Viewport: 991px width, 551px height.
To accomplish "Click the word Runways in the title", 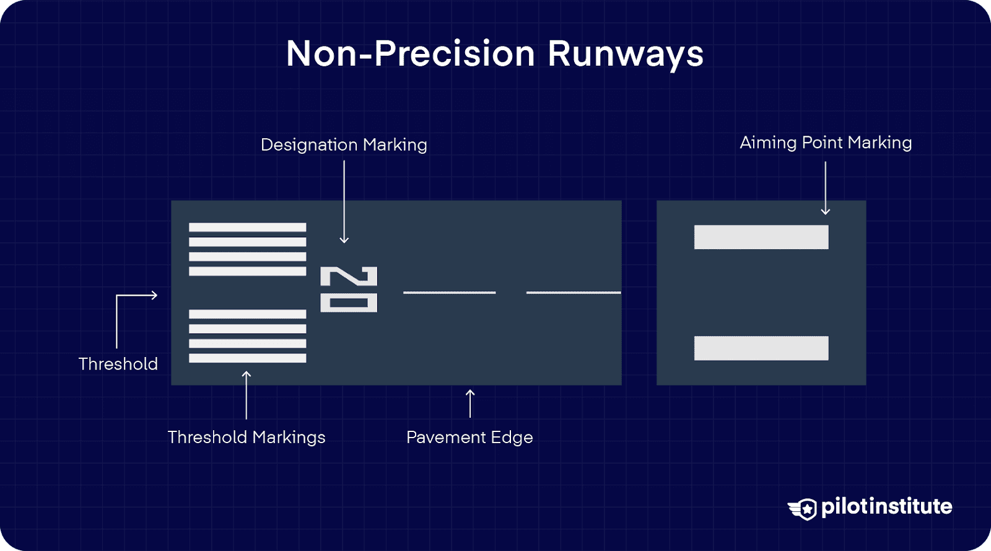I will pos(626,54).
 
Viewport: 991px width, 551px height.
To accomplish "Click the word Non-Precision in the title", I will pos(410,54).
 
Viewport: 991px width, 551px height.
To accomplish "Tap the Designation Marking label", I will pos(344,145).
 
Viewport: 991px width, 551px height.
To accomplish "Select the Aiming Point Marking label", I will pos(826,143).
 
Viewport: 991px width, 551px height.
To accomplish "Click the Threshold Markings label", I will pos(247,438).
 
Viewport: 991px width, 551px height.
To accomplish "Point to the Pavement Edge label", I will pos(469,438).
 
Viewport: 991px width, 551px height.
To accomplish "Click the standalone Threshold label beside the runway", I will pos(118,364).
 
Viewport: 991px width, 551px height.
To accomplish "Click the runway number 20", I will pos(349,289).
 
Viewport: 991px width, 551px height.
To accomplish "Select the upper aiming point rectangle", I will pos(761,237).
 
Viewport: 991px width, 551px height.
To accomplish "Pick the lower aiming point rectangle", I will pos(761,348).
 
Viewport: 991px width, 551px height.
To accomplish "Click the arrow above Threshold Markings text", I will pos(247,395).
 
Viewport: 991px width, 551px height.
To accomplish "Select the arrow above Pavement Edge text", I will pos(470,403).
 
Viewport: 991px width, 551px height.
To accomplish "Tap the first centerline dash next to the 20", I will pos(449,293).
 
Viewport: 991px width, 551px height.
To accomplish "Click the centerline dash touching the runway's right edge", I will pos(574,293).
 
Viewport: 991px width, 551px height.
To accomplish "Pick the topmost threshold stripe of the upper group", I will pos(247,227).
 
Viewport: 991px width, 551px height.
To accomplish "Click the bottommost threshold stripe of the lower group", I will pos(247,358).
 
